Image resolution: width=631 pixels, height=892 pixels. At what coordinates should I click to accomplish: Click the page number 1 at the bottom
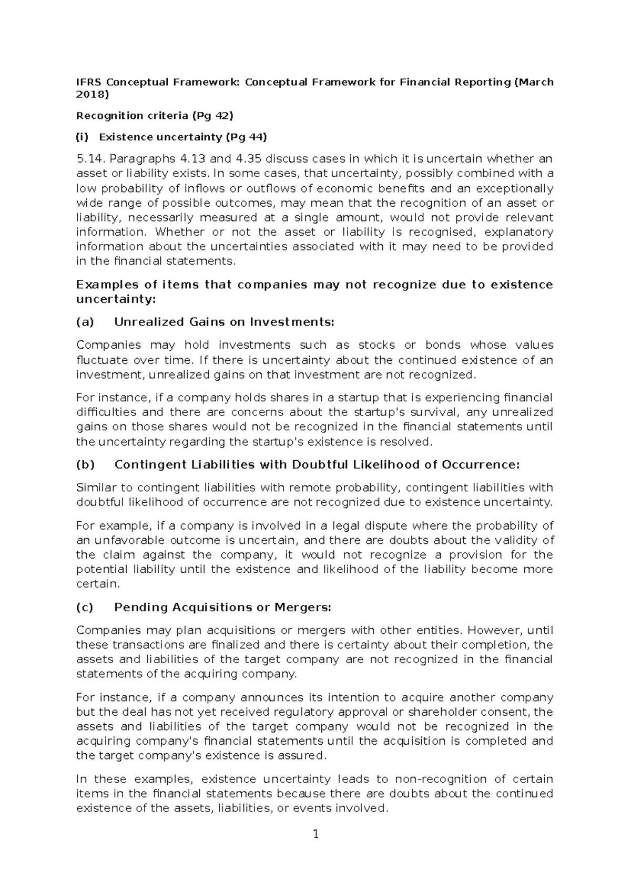click(x=315, y=834)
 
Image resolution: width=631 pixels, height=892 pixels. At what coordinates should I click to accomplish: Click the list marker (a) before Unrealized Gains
click(x=85, y=322)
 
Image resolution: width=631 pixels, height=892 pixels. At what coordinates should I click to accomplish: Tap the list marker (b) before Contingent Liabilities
click(x=85, y=465)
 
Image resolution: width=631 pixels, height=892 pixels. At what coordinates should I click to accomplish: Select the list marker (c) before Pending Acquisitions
click(x=85, y=607)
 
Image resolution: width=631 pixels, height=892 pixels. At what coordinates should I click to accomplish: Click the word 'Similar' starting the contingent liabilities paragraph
click(x=95, y=488)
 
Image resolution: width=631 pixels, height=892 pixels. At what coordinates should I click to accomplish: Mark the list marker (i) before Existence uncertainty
click(x=83, y=137)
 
